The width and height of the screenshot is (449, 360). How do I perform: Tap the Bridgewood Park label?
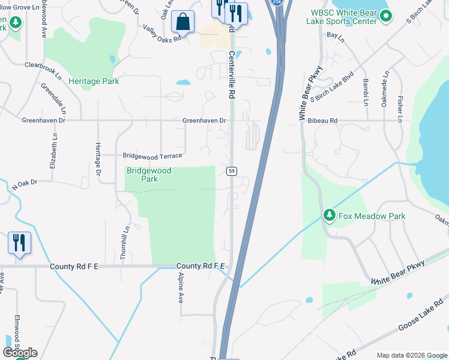coord(148,175)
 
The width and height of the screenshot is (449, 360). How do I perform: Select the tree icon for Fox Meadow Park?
coord(329,215)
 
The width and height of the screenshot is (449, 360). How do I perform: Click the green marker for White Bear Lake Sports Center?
coord(387,17)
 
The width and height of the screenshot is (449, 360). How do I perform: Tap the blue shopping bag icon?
coord(182,22)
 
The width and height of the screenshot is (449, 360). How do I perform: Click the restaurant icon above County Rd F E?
coord(19,243)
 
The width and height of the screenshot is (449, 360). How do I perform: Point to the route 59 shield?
coord(231,172)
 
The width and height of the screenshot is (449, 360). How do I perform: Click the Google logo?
coord(20,353)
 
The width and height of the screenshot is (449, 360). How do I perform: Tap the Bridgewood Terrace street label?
coord(152,155)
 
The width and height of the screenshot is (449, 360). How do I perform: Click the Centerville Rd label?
coord(231,75)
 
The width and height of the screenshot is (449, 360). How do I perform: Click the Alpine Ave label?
coord(181,289)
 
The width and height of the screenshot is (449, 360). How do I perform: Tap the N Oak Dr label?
coord(25,185)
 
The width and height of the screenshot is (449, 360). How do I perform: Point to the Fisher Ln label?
coord(399,103)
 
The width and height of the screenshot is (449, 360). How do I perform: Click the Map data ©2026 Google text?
coord(411,355)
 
